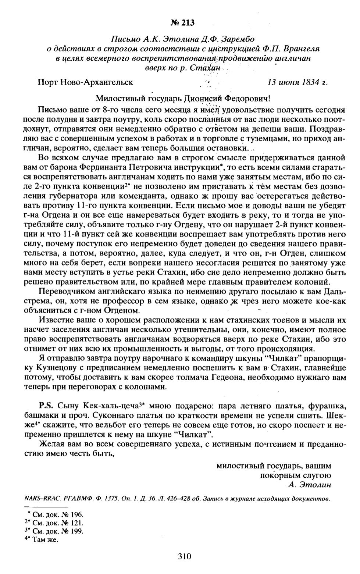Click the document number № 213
tap(182, 23)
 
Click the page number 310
tap(184, 556)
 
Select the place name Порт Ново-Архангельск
tap(85, 82)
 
